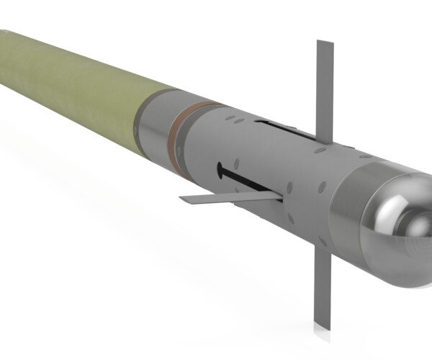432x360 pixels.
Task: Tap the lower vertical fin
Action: click(x=321, y=288)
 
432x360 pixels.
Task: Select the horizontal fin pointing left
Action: click(x=230, y=197)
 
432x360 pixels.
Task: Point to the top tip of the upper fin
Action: click(x=325, y=42)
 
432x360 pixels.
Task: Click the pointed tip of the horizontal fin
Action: click(x=181, y=199)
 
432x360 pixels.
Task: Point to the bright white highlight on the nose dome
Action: click(x=382, y=209)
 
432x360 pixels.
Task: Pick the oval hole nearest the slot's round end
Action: click(x=235, y=163)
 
